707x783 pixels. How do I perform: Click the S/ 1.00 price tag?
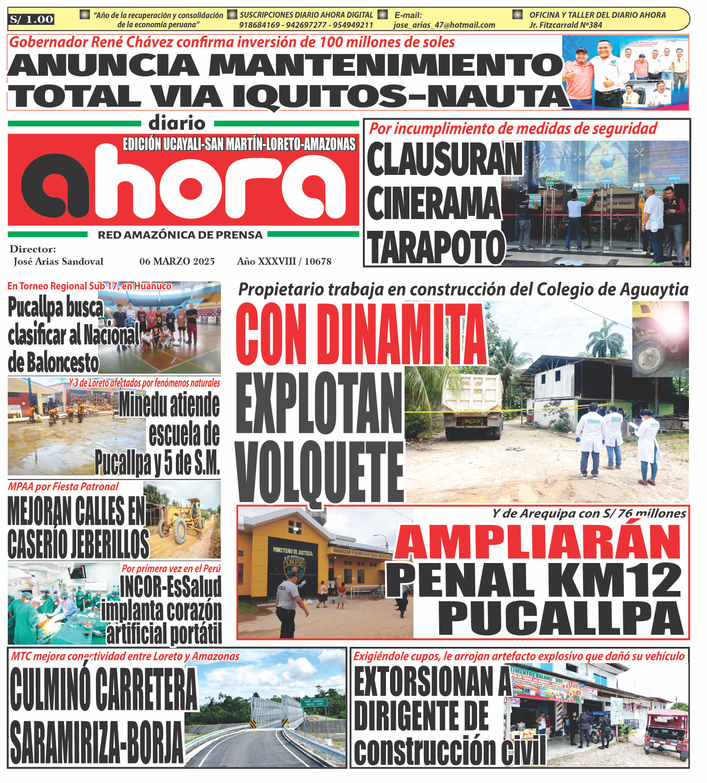coord(32,19)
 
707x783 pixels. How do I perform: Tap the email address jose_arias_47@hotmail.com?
coord(444,25)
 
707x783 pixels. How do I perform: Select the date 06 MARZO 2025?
coord(177,261)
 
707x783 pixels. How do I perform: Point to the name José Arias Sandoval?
coord(58,261)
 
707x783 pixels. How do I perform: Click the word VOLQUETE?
coord(319,472)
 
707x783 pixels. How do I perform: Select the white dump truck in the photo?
coord(472,406)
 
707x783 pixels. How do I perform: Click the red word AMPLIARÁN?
coord(538,542)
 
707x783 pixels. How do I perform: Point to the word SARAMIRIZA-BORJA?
coord(96,741)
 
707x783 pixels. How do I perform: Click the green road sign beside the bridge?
coord(314,703)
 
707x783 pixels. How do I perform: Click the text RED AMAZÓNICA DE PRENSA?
coord(180,235)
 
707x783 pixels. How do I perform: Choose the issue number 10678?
coord(318,261)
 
